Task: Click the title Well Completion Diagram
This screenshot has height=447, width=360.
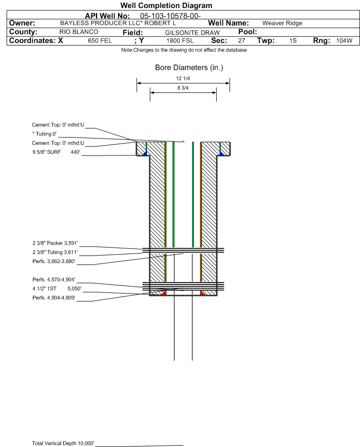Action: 166,6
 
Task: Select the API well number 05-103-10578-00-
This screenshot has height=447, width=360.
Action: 171,16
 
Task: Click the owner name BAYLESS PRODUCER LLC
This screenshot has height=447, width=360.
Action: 118,23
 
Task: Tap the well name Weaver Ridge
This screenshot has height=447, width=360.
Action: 282,23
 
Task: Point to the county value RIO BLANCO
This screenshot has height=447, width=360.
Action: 79,32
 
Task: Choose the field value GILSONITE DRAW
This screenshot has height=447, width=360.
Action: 192,32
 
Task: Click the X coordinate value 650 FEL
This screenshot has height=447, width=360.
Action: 100,41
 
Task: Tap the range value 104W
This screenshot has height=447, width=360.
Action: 344,41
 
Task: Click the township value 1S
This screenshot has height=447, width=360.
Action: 293,41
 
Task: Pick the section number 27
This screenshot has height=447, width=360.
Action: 241,41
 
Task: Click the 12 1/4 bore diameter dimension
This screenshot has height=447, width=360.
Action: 183,79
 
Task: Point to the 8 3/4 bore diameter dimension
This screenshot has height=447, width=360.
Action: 183,88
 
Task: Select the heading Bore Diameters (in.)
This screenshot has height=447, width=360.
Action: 189,68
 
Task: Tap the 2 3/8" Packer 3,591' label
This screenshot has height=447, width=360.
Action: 55,243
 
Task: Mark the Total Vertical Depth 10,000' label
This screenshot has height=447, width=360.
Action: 63,443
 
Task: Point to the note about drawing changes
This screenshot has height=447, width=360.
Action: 184,50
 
